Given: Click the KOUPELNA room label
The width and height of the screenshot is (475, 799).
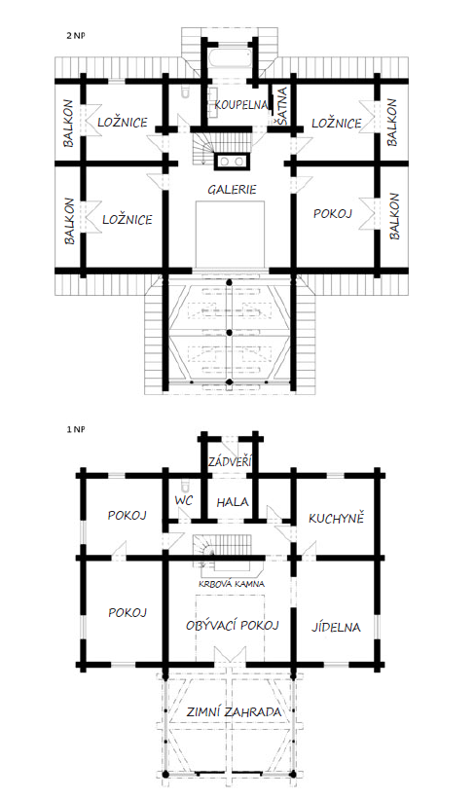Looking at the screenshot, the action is [240, 105].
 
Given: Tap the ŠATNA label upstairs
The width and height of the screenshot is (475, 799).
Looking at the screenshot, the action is [282, 105].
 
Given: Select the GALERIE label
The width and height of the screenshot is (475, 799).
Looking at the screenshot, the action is [232, 190].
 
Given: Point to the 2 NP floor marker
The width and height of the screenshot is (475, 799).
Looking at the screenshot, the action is [75, 36].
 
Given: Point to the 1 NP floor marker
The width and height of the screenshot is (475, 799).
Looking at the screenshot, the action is [75, 429].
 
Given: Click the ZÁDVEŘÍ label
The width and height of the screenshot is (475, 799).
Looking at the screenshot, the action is [231, 461].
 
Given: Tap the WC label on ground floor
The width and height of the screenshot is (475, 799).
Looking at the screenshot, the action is [183, 500].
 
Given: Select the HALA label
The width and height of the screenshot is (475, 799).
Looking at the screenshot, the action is [233, 502].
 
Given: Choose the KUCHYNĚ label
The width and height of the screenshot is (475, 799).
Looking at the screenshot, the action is [337, 518].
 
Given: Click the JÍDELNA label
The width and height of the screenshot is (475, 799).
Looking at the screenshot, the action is [336, 627].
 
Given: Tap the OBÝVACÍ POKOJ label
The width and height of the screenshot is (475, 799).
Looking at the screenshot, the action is [233, 625].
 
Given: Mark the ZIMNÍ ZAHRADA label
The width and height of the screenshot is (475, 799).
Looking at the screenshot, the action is [234, 711].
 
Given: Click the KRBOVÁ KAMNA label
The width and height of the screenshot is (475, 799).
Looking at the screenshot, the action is [232, 584].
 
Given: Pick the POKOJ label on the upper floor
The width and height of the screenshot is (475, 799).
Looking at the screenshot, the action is [333, 213].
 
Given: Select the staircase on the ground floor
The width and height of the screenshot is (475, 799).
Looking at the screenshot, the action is [222, 550].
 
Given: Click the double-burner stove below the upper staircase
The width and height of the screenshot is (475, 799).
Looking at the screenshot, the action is [233, 162].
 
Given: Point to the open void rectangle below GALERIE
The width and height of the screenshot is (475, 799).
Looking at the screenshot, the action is [231, 234].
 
